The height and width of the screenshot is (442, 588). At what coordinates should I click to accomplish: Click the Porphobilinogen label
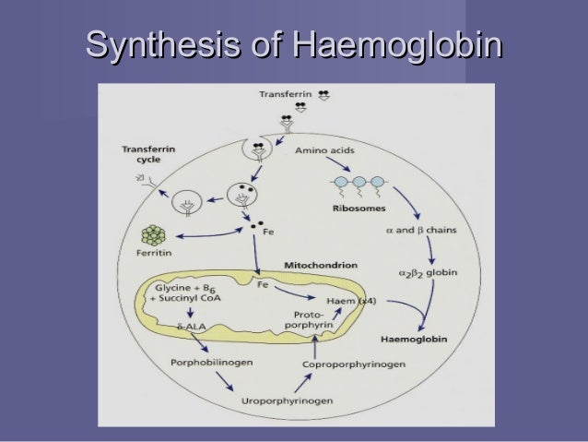pos(207,364)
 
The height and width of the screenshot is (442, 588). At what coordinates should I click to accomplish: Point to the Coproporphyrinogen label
pos(353,364)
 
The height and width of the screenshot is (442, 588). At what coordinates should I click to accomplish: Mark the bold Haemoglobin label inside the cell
pos(414,340)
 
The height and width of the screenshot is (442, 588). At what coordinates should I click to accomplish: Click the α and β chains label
pos(422,230)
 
